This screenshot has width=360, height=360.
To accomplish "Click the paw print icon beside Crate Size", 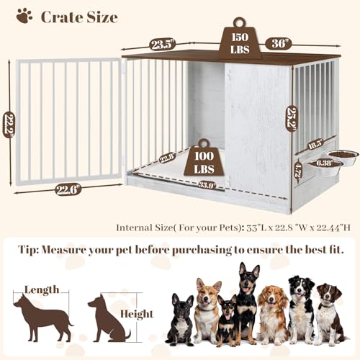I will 24,15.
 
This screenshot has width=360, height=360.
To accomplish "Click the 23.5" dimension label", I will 163,44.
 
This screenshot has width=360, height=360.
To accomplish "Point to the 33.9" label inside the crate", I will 188,184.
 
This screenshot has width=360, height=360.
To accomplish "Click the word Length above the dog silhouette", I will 42,289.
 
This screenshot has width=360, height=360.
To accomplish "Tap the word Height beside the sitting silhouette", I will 138,314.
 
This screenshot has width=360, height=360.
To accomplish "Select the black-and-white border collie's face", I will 298,286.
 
